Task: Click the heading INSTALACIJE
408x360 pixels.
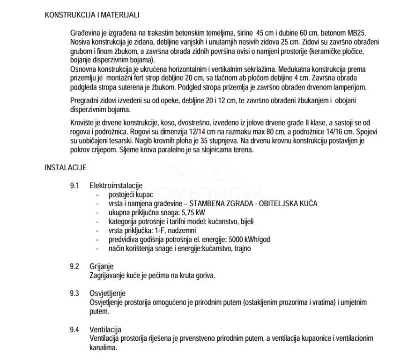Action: [66, 167]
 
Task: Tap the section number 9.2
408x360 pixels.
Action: [74, 267]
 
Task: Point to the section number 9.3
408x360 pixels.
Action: [74, 293]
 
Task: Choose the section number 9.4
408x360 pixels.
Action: [74, 329]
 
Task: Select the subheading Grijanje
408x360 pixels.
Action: [101, 267]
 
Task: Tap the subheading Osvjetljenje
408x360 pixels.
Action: [107, 293]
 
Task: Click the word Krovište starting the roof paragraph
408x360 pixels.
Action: [82, 123]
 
